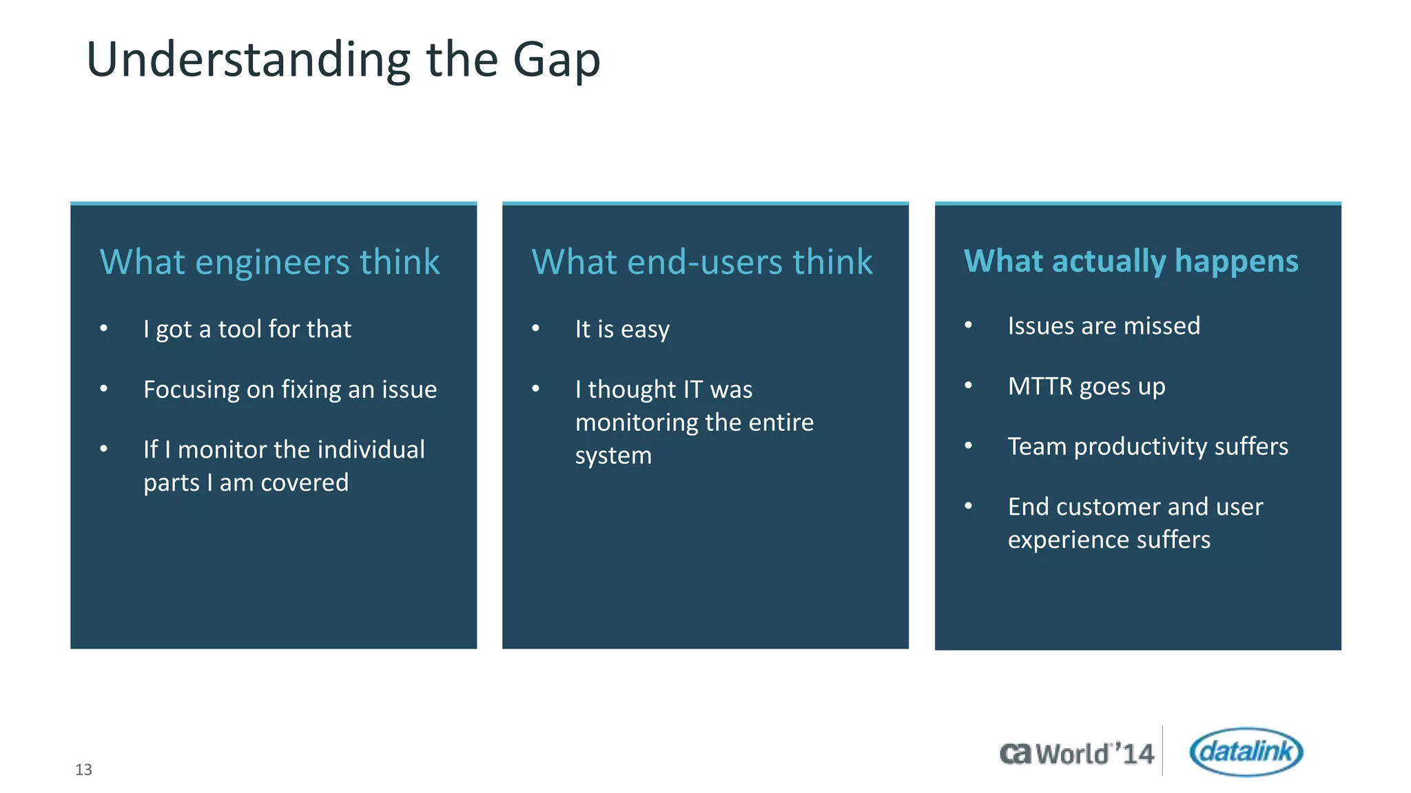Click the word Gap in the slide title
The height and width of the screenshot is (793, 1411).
tap(557, 61)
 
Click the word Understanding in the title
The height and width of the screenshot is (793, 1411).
tap(248, 61)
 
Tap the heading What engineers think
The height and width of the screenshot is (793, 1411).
tap(269, 262)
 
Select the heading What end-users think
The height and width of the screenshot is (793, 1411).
tap(702, 262)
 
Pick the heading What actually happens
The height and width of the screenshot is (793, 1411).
tap(1131, 262)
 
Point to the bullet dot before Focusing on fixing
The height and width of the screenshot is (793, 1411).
tap(104, 389)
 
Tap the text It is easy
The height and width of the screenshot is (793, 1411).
tap(622, 329)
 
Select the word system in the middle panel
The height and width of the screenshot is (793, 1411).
tap(613, 456)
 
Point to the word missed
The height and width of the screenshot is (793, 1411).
tap(1162, 326)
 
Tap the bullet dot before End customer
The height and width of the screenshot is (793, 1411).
tap(968, 507)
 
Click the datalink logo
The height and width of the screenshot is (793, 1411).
tap(1246, 752)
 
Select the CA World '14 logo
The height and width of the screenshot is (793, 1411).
tap(1076, 754)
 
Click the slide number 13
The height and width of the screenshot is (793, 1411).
tap(83, 770)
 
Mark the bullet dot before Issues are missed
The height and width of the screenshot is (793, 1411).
tap(968, 326)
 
